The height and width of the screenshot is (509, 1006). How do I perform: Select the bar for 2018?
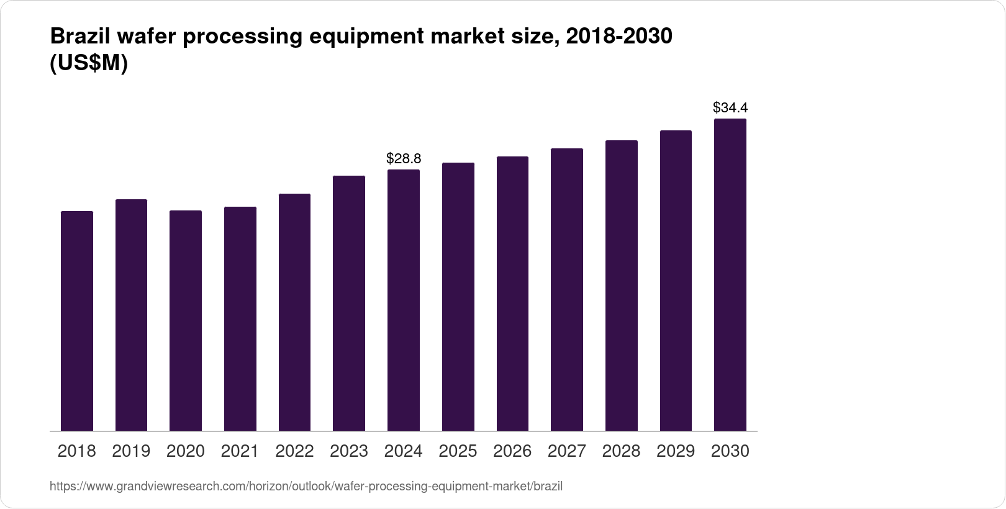(77, 321)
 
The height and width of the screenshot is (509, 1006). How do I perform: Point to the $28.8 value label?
(404, 159)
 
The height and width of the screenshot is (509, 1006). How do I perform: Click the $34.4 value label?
(730, 108)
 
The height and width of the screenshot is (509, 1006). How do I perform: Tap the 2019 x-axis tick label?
(131, 451)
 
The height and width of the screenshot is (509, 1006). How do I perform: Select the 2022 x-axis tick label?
(294, 451)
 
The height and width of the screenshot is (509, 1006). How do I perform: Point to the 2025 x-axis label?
(458, 451)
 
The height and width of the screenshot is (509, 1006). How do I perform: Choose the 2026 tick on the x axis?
(512, 451)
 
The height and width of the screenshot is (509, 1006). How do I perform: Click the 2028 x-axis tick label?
(621, 451)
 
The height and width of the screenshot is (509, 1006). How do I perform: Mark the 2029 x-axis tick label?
(676, 451)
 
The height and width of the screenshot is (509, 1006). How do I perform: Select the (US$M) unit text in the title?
(88, 63)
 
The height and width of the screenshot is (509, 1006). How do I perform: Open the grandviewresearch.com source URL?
(306, 487)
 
